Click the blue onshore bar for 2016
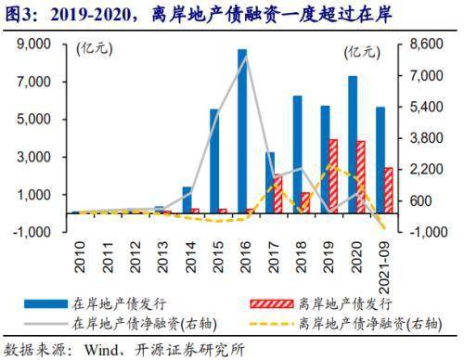pyautogui.click(x=242, y=131)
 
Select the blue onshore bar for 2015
pyautogui.click(x=214, y=161)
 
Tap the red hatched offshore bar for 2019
pyautogui.click(x=333, y=176)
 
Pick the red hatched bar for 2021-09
pyautogui.click(x=389, y=190)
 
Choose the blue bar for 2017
pyautogui.click(x=270, y=183)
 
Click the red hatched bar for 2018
pyautogui.click(x=305, y=203)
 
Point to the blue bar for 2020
pyautogui.click(x=353, y=145)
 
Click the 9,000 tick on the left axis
pyautogui.click(x=33, y=45)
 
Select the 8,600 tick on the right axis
pyautogui.click(x=426, y=45)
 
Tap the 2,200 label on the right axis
pyautogui.click(x=426, y=170)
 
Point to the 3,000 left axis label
pyautogui.click(x=33, y=157)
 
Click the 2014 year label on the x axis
pyautogui.click(x=191, y=257)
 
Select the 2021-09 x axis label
pyautogui.click(x=384, y=267)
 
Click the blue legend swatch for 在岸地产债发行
pyautogui.click(x=46, y=303)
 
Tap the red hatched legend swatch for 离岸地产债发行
pyautogui.click(x=272, y=303)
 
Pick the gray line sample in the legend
pyautogui.click(x=46, y=324)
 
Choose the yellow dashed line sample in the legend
pyautogui.click(x=272, y=324)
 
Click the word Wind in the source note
pyautogui.click(x=100, y=350)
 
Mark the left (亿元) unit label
pyautogui.click(x=95, y=49)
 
